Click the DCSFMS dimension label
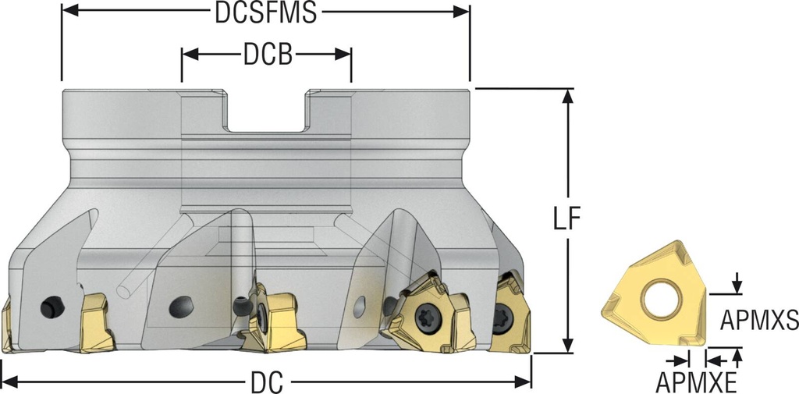coord(265,12)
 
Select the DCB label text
coord(267,55)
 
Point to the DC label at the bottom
coord(266,383)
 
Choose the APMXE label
coord(696,382)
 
